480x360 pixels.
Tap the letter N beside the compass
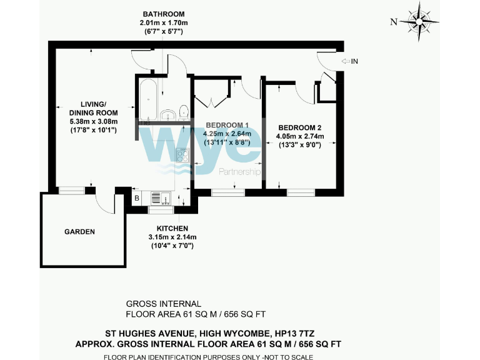(x=394, y=22)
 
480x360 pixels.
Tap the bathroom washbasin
(x=168, y=115)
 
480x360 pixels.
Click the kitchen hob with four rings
(x=182, y=156)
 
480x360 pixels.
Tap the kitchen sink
(x=165, y=198)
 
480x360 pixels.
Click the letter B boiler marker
(x=137, y=199)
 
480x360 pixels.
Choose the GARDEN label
(x=79, y=232)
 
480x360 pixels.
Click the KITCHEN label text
(x=172, y=228)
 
